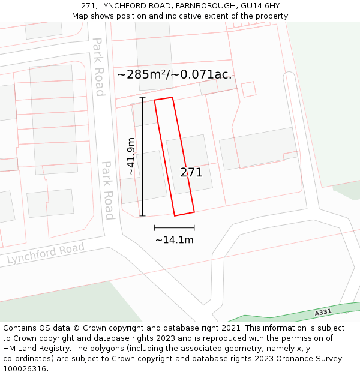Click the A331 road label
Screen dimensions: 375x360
pos(323,313)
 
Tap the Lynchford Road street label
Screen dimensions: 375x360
pos(46,254)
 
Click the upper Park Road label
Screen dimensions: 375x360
pos(98,67)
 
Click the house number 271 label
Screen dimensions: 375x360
pos(191,172)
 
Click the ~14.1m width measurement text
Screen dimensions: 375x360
pos(175,240)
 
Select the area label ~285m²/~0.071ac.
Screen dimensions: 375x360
pos(174,75)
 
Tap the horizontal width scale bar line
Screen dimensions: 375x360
pos(174,228)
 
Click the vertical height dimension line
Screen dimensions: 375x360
pos(142,156)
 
